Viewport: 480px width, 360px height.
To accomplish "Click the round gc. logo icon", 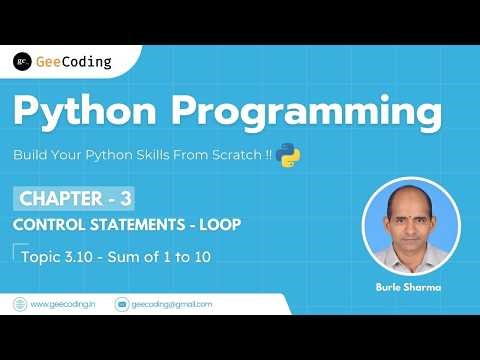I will click(21, 61).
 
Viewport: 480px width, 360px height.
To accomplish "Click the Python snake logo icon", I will click(290, 154).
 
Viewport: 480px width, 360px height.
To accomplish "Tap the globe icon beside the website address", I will click(19, 304).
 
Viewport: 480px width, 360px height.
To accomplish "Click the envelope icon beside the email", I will click(122, 304).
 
